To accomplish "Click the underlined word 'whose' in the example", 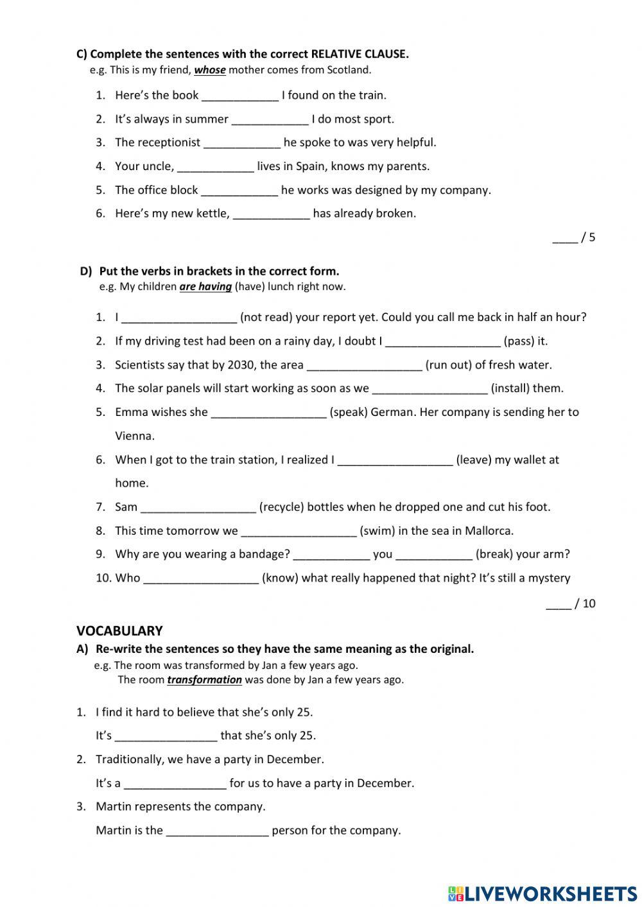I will [x=209, y=70].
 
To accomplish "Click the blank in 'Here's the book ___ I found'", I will [x=240, y=96].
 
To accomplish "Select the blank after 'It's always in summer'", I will [x=270, y=119].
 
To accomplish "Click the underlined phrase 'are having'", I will [x=205, y=287].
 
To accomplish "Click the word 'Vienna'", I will [x=135, y=436].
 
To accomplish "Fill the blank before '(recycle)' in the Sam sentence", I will [x=198, y=508].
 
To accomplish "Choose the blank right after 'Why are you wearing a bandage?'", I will [x=331, y=555].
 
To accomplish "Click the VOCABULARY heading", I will [x=119, y=631].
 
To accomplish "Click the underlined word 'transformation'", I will [x=204, y=680].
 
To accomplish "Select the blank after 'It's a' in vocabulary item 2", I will [x=175, y=784].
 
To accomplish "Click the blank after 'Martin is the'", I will [x=217, y=831].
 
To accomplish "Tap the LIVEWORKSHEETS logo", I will [x=542, y=894].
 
